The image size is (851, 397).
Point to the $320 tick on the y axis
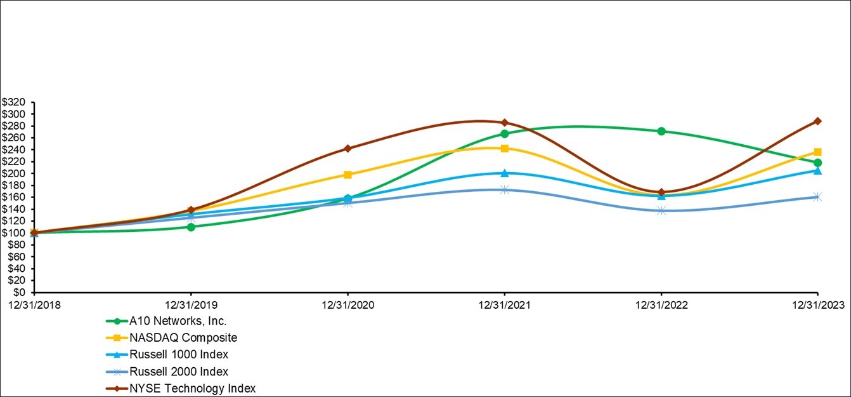click(x=15, y=102)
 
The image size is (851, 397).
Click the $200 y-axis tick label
click(x=15, y=173)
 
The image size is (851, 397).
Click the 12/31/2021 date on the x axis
click(x=504, y=305)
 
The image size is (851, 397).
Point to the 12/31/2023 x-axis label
click(x=817, y=305)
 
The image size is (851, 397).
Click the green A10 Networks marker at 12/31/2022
click(x=661, y=131)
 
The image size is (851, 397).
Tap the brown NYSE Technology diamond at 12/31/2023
click(x=818, y=121)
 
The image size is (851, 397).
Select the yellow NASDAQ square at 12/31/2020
click(x=348, y=175)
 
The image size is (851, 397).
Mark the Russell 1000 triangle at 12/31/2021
click(x=504, y=173)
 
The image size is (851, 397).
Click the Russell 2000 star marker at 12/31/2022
click(x=661, y=210)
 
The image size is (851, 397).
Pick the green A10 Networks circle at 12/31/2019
click(x=191, y=227)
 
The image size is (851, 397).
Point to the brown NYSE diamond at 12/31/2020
click(x=348, y=149)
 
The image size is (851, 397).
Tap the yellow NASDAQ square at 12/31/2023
click(x=818, y=152)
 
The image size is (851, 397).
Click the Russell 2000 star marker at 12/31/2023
click(x=818, y=197)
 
